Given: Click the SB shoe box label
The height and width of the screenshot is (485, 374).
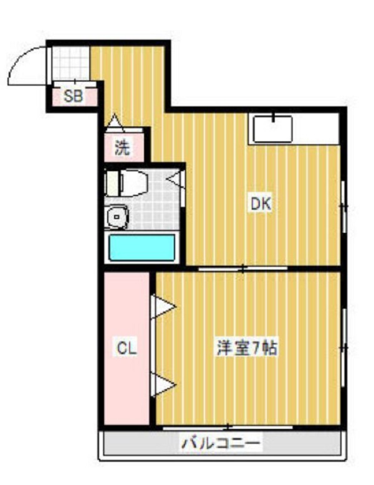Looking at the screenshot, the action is click(x=74, y=97).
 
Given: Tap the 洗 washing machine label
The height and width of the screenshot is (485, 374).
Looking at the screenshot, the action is click(x=122, y=148).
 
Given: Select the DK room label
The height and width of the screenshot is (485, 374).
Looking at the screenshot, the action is click(x=261, y=204).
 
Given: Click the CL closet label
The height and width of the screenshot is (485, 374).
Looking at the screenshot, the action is click(x=127, y=348).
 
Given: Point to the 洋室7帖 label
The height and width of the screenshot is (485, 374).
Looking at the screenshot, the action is click(x=246, y=349).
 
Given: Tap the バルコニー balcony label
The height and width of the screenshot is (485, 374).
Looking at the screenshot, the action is click(x=221, y=443).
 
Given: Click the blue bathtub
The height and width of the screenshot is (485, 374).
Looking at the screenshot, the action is click(x=142, y=247).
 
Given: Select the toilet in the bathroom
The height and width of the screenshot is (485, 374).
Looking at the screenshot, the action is click(x=126, y=184).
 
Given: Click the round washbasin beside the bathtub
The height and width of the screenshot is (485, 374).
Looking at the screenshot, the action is click(x=117, y=217).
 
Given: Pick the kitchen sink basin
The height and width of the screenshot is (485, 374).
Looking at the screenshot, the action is click(x=273, y=129).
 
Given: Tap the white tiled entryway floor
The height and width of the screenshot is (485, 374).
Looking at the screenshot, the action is click(x=70, y=63).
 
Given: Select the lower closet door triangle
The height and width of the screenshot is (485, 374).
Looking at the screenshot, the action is click(x=163, y=385).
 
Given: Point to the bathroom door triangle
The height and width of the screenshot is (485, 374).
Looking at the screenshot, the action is click(x=176, y=179).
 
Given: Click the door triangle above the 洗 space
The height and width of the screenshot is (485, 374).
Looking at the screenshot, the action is click(x=115, y=121).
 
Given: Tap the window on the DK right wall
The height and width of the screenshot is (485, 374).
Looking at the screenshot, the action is click(x=343, y=206).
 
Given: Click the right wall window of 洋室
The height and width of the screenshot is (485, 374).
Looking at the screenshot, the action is click(x=343, y=347).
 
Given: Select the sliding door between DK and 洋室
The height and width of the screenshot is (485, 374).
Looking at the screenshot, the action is click(x=243, y=269).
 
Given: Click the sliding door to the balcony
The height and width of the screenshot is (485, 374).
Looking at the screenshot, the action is click(x=228, y=428).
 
